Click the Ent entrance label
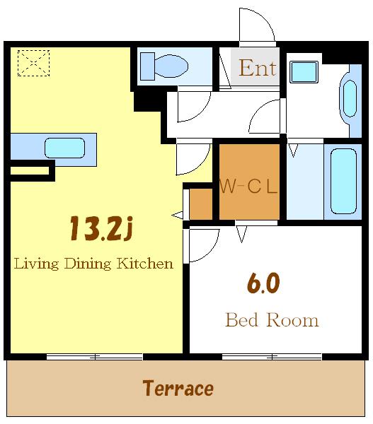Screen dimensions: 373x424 click(258, 68)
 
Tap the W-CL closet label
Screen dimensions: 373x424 click(248, 186)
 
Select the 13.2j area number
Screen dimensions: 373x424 click(101, 228)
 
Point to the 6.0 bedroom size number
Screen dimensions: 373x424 click(263, 283)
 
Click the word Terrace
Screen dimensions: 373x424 click(178, 388)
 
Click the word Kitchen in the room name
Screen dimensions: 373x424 click(144, 264)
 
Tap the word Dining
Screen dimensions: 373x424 click(88, 264)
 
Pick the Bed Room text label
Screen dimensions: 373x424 click(272, 320)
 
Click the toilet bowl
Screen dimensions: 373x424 click(171, 66)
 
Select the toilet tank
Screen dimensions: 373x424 click(147, 66)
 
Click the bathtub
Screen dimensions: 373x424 click(343, 182)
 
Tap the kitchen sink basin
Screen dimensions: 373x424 click(64, 148)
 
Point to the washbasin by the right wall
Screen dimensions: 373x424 click(350, 98)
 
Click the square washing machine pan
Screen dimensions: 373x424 click(304, 71)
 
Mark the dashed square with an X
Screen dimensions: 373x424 click(33, 63)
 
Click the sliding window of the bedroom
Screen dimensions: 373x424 click(272, 357)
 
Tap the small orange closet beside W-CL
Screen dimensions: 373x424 click(201, 204)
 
